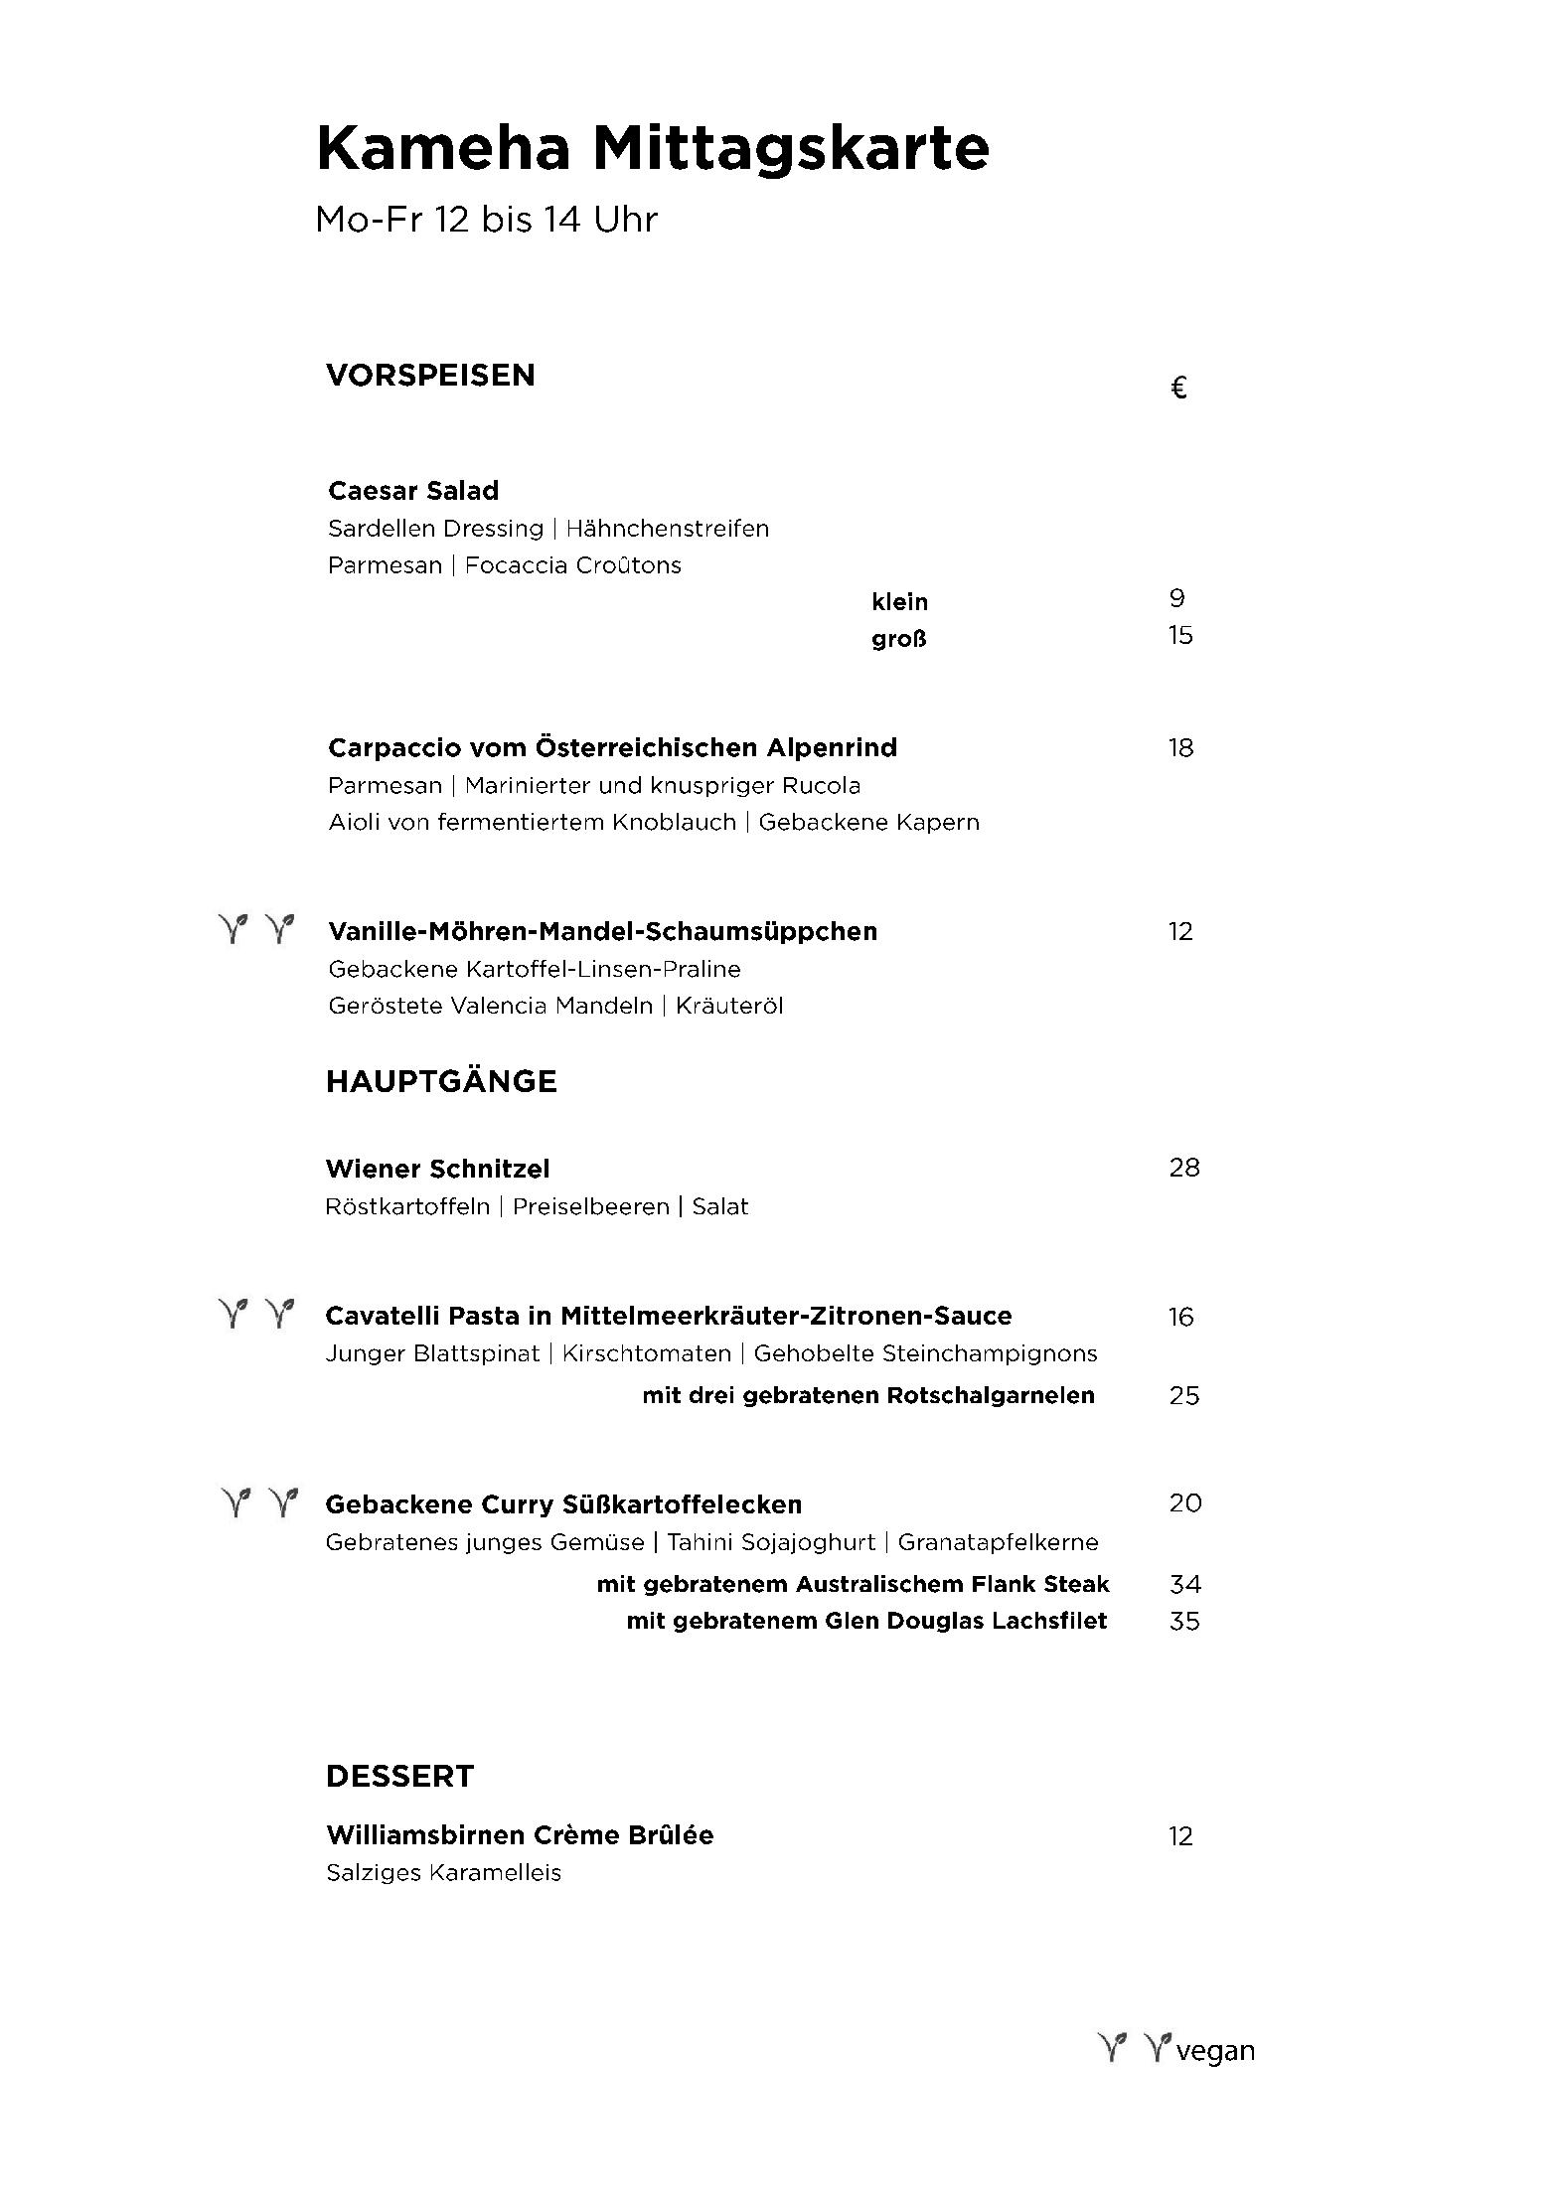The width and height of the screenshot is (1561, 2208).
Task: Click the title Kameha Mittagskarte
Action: (652, 149)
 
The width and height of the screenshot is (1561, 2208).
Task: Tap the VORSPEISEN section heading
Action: (430, 375)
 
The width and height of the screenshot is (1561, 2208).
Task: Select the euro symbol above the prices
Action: (1178, 388)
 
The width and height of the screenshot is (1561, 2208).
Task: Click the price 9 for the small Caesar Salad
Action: (1177, 598)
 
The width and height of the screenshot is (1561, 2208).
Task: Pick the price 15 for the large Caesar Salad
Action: (1180, 635)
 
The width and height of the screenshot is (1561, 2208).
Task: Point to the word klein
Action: (899, 601)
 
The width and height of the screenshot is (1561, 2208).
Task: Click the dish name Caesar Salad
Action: (413, 490)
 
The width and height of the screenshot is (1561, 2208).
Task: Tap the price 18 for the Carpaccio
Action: (1180, 747)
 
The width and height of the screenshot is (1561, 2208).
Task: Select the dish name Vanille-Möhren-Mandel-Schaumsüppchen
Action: (602, 931)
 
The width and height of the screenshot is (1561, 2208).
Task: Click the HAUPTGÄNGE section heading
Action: (441, 1081)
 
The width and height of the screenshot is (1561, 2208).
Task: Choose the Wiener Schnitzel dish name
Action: (437, 1169)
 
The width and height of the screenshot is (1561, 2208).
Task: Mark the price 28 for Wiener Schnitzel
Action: (1184, 1168)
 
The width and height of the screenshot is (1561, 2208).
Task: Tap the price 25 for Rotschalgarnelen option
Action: (1184, 1395)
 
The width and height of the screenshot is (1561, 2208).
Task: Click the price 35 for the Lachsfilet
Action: (1184, 1621)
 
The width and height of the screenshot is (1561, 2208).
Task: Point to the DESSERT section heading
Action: (399, 1776)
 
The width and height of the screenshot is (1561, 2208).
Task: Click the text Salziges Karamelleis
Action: (443, 1872)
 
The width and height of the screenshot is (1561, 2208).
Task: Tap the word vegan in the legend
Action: (1214, 2050)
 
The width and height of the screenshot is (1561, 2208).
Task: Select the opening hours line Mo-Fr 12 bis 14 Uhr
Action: (486, 220)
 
